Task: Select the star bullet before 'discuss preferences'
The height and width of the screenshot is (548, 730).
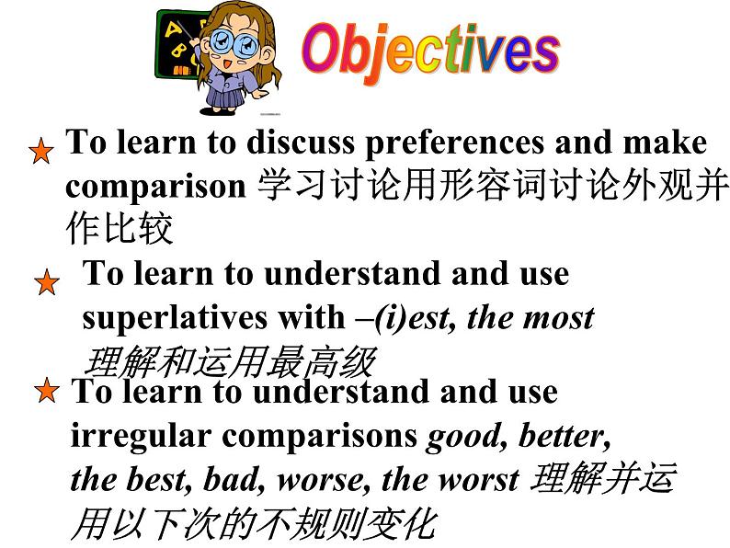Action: tap(40, 152)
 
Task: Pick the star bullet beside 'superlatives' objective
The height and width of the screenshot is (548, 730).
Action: tap(46, 282)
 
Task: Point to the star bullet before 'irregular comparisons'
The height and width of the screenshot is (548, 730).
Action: tap(46, 394)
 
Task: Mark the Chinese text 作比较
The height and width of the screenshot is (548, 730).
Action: tap(119, 229)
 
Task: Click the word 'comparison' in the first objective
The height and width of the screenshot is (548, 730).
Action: tap(155, 186)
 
